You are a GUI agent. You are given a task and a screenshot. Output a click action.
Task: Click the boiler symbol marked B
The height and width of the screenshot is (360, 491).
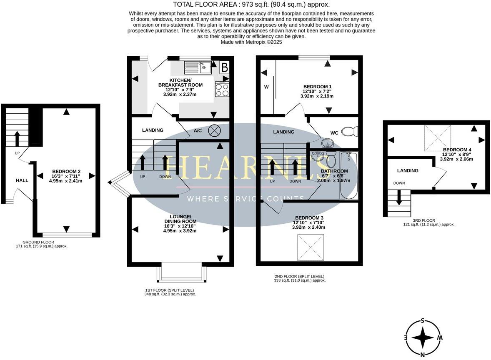224,67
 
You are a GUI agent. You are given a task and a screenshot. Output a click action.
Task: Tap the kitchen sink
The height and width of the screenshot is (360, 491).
198,67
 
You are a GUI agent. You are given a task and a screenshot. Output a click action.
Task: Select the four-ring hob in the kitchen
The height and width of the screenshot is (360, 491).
222,89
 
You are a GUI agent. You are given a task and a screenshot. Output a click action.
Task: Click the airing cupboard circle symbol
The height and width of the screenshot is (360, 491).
215,130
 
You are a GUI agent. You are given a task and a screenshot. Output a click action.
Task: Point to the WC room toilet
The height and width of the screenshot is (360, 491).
350,132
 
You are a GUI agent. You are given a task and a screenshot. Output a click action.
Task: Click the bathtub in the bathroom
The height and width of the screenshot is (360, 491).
349,175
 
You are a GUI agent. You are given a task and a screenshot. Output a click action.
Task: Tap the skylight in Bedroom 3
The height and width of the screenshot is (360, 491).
311,247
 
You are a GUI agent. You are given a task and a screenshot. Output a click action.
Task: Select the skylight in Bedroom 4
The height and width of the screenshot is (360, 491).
438,138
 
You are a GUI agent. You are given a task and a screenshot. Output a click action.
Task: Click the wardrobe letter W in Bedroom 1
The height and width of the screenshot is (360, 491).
266,87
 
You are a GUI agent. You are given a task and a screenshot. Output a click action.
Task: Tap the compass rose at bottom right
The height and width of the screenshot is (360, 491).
423,338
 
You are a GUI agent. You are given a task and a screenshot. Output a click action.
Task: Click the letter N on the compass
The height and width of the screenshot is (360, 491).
423,355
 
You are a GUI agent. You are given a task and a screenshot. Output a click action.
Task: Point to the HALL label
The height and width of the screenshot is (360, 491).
22,180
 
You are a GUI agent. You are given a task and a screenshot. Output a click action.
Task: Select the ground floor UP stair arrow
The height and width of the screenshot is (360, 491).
17,139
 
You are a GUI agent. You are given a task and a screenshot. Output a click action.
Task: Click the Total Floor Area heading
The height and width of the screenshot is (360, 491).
251,5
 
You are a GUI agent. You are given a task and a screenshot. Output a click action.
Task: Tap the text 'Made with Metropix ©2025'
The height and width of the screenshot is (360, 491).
251,42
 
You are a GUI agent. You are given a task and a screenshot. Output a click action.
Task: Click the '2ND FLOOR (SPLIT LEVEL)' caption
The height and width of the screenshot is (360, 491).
299,276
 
